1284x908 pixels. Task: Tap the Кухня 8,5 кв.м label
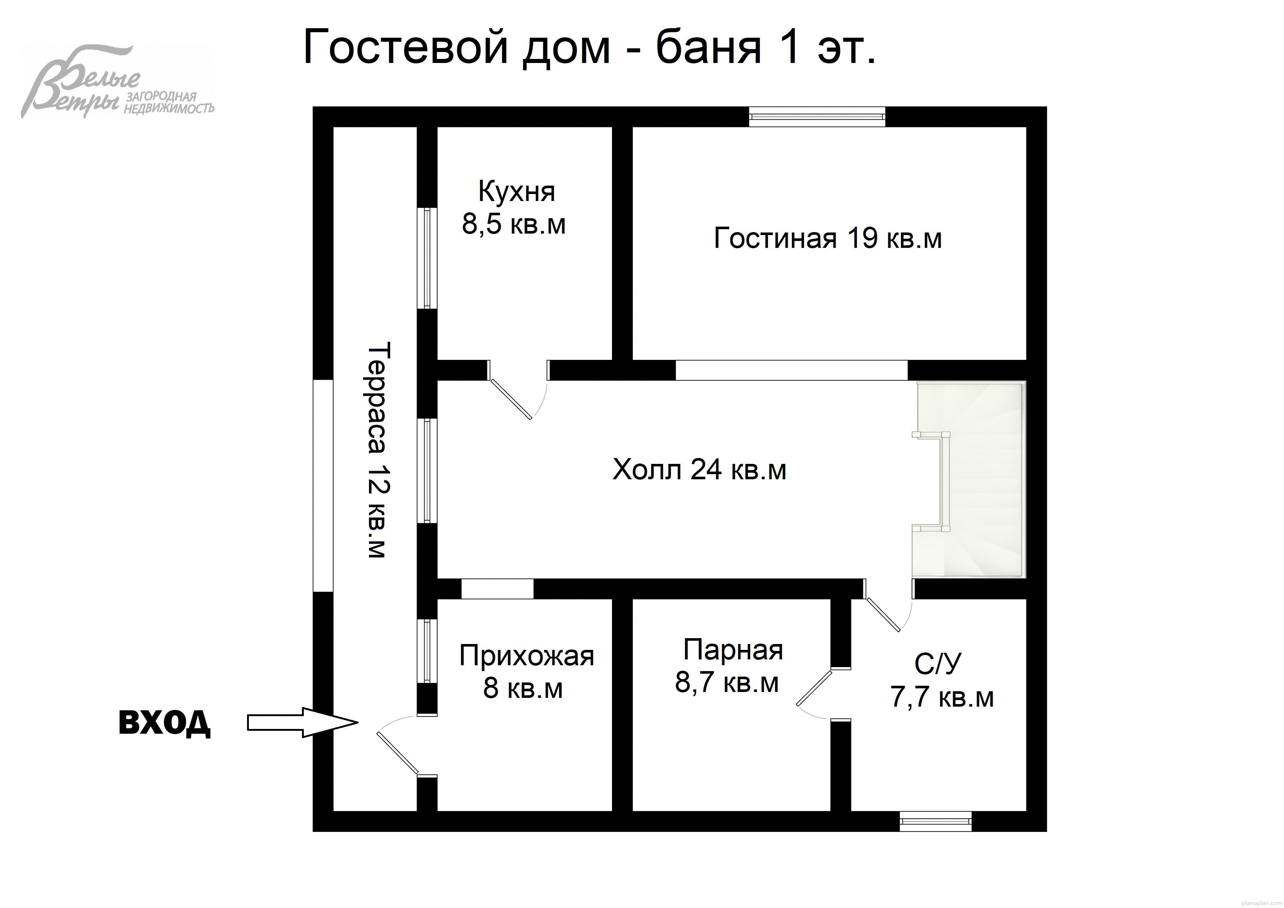[515, 208]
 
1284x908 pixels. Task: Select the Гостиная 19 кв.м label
[828, 239]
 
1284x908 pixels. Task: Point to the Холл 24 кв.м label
[699, 470]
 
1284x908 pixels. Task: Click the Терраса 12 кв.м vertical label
[378, 450]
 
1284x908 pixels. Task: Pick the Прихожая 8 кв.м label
[526, 672]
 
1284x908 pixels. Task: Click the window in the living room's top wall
[817, 116]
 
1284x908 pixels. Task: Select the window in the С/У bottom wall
[936, 821]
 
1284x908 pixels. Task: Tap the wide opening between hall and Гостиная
[791, 371]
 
